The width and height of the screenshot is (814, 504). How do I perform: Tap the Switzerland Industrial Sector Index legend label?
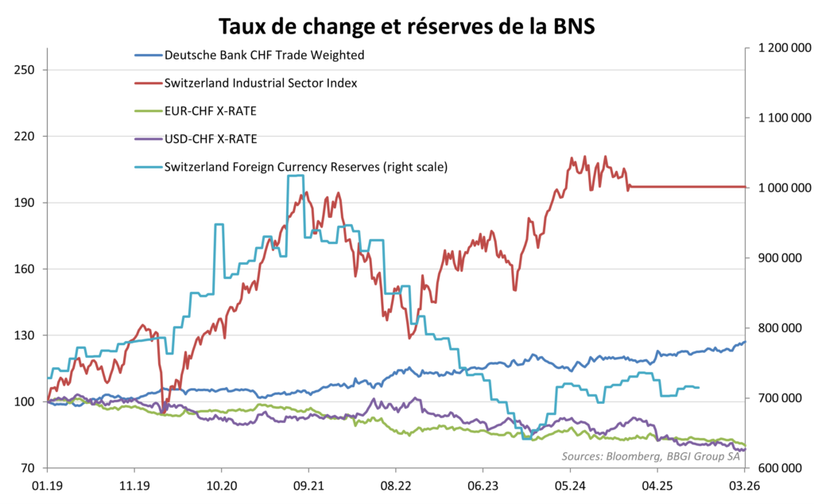(260, 83)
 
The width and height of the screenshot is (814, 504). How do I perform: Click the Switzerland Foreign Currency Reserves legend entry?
(306, 167)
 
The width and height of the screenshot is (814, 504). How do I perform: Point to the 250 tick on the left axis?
(25, 70)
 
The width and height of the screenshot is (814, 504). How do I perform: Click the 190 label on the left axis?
(25, 203)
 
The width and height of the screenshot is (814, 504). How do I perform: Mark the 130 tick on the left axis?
(25, 335)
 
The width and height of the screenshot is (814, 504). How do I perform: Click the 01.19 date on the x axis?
(48, 486)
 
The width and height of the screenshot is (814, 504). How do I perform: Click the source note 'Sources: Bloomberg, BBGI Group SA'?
(649, 456)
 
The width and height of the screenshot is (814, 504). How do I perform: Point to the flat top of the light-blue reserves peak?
(295, 176)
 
